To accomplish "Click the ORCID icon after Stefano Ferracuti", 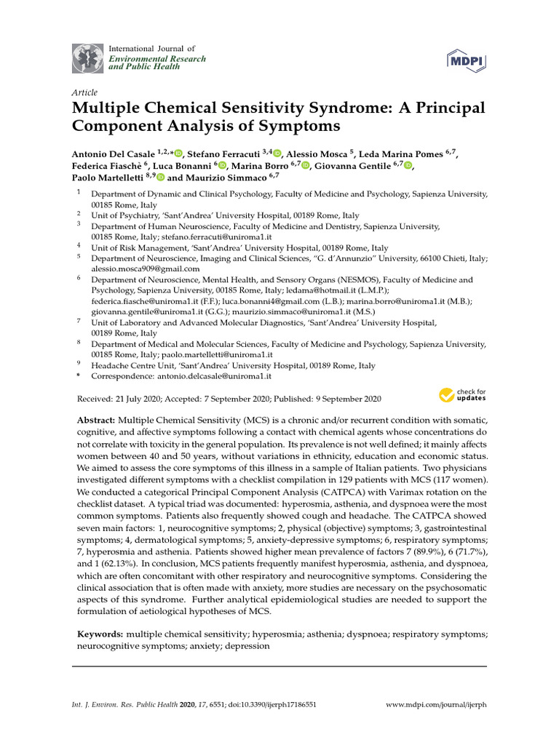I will pos(277,154).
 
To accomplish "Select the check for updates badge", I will pos(463,396).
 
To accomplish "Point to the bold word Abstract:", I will pos(96,421).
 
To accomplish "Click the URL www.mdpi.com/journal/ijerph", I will pos(435,705).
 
